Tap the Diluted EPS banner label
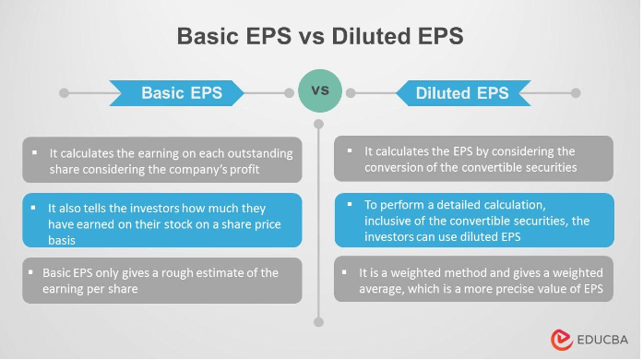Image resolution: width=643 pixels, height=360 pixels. pos(462,93)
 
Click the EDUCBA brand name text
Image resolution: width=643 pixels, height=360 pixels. pos(601,340)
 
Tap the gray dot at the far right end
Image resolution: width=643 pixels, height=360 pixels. pos(576,93)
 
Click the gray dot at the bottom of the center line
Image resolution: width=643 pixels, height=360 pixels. pos(319,322)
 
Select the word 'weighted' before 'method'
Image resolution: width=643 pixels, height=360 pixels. pos(423,273)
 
